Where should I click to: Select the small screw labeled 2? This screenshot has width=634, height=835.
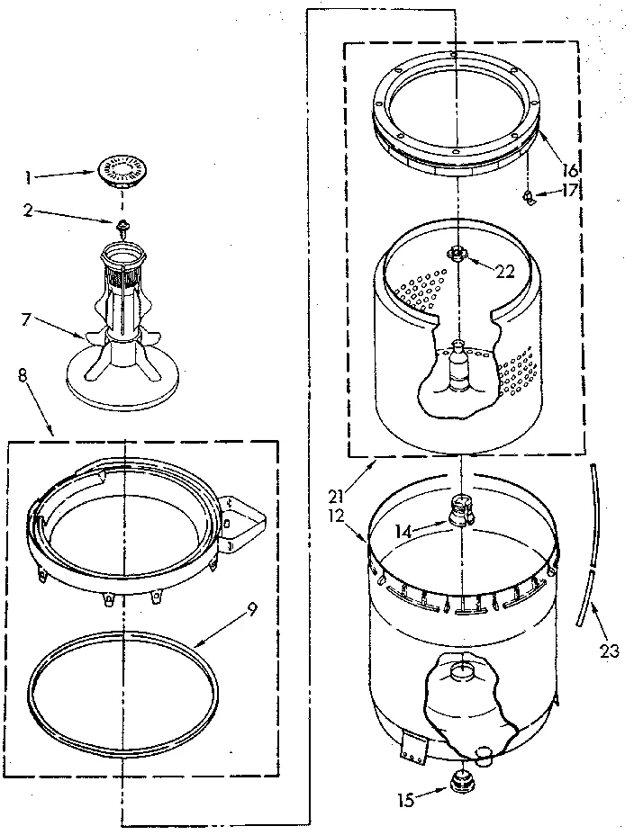(x=119, y=223)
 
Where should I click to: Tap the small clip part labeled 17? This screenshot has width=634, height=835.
(x=532, y=197)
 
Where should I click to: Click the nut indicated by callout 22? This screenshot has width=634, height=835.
(x=459, y=255)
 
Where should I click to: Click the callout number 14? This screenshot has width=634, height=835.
(x=407, y=532)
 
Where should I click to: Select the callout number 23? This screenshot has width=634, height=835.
(x=610, y=651)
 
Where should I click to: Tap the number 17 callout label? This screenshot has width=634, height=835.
(x=569, y=191)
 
